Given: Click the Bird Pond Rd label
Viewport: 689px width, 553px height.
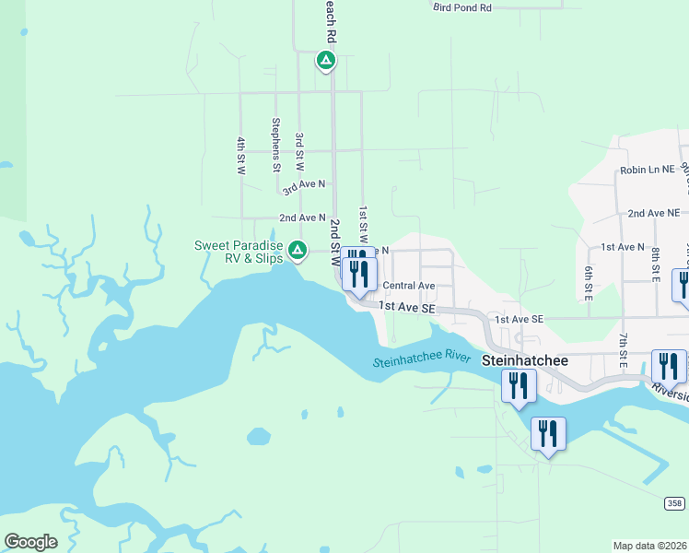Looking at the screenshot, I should pos(462,7).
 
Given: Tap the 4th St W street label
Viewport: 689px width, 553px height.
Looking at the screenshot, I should pos(240,156).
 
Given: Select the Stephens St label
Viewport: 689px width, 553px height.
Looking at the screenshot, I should pos(275,144).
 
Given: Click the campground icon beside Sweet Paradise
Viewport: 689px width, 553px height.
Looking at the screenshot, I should pos(298,250).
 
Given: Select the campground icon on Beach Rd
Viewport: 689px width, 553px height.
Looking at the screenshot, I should pos(325,61).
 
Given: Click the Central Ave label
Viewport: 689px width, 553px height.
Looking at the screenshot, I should pos(408,287).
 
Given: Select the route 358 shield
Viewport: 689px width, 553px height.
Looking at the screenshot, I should pos(675,502).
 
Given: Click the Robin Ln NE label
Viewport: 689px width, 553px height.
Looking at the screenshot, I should pos(648,171).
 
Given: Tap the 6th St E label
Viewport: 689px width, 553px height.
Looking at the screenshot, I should pos(588,278).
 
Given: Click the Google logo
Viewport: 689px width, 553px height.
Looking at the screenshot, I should pos(30,542).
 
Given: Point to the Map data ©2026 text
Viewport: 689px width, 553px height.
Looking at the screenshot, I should pos(649,546).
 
